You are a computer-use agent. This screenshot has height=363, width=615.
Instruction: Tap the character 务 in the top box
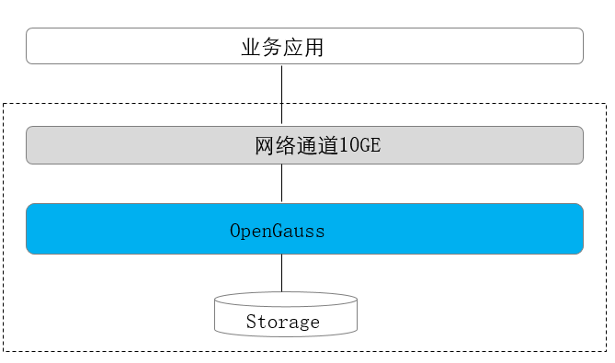point(272,48)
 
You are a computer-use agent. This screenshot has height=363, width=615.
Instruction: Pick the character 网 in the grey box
point(265,146)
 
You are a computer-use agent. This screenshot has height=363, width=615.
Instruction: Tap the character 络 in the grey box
point(286,146)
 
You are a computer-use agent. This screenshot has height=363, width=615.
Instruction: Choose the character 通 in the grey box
point(307,146)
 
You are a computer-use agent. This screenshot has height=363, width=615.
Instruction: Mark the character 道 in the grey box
point(328,146)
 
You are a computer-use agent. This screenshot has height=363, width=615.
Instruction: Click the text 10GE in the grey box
point(359,146)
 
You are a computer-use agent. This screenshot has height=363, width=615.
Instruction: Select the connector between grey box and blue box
point(282,184)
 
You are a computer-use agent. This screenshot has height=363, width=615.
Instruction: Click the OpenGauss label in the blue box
point(278,231)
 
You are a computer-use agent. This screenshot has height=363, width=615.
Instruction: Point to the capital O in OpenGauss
point(235,231)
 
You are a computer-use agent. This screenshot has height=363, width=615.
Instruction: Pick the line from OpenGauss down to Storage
point(282,273)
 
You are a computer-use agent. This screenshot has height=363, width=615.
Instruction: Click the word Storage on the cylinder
point(283,322)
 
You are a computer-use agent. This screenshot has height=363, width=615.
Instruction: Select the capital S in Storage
point(251,322)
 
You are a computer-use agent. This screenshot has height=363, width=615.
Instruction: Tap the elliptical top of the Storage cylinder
point(285,300)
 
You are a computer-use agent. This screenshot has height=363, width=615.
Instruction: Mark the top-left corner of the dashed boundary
point(5,105)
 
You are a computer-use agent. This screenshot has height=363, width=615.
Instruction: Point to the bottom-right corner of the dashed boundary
point(606,351)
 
